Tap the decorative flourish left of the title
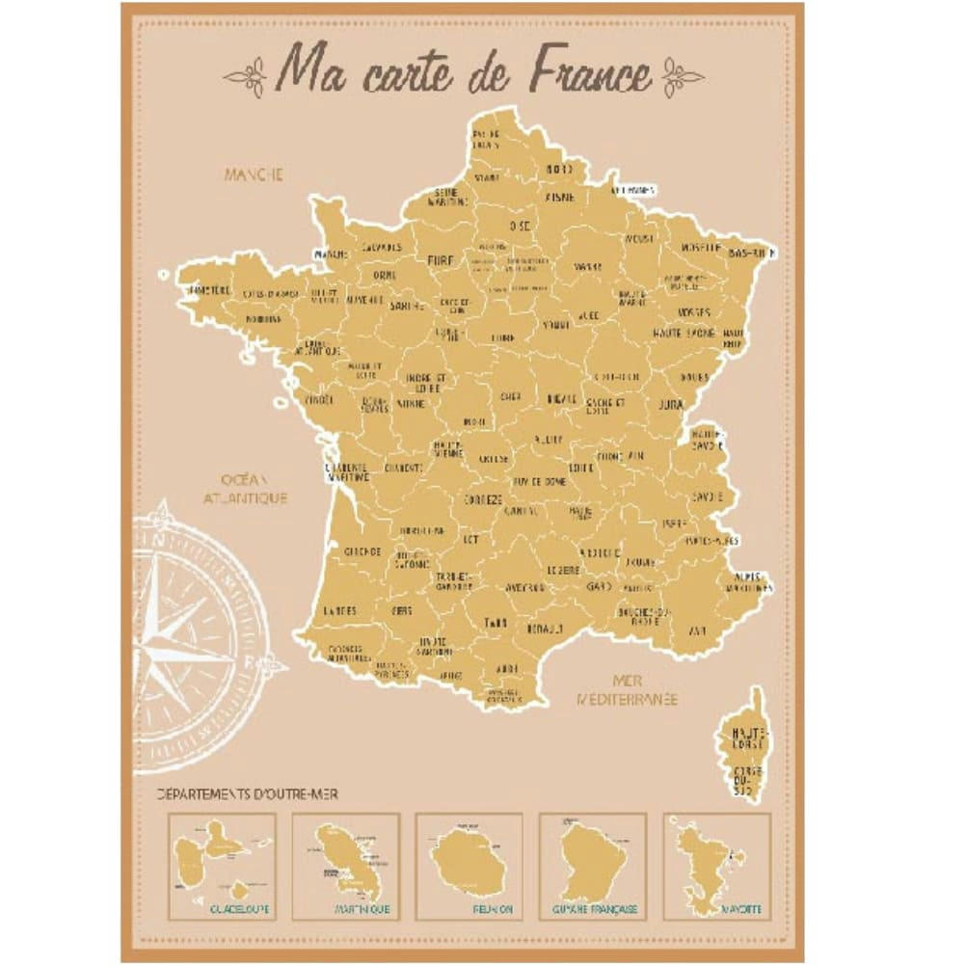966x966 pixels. (x=247, y=76)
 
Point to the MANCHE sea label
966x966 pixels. (x=254, y=175)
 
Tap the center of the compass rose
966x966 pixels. (x=174, y=637)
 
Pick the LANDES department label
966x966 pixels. (x=339, y=610)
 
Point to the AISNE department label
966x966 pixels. (x=561, y=197)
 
